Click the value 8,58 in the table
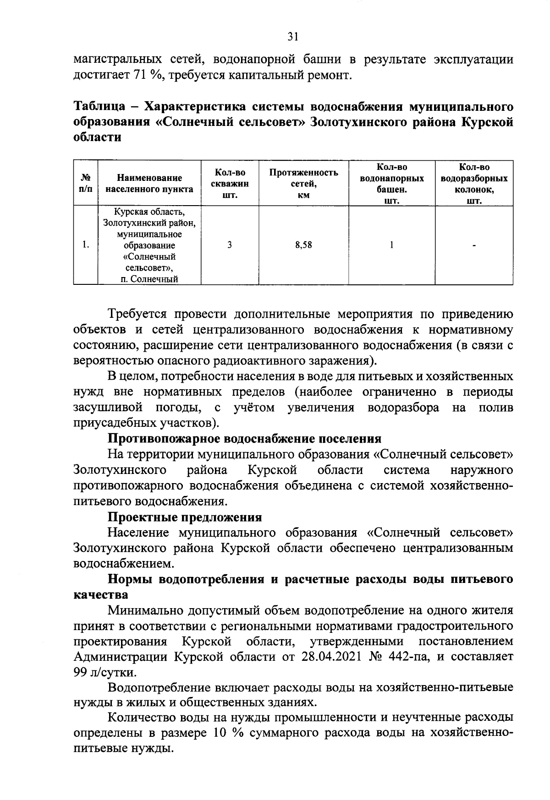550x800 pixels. click(303, 245)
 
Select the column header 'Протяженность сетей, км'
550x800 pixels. click(303, 183)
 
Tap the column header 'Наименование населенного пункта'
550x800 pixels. click(149, 183)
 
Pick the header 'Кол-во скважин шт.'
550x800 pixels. click(230, 184)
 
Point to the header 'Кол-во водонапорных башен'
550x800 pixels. click(391, 184)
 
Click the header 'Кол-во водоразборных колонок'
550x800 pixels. click(474, 184)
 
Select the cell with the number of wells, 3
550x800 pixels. click(229, 245)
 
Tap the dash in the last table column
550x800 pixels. click(474, 246)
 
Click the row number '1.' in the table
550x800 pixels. click(85, 245)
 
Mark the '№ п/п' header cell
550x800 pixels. click(85, 183)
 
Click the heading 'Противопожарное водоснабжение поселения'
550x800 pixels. click(244, 439)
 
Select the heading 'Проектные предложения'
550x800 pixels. click(185, 517)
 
